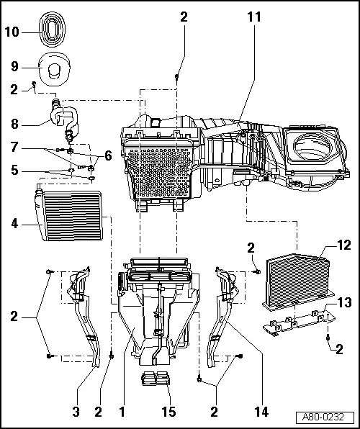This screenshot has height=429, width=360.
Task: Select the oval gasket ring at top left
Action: click(50, 30)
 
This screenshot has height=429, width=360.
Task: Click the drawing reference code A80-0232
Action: click(328, 417)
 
